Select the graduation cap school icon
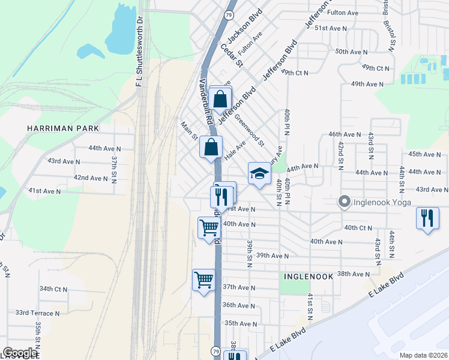tap(259, 174)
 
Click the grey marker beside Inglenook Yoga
tap(344, 202)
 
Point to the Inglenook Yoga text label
tap(381, 202)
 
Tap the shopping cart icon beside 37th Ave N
tap(203, 280)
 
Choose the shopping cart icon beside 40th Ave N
tap(209, 227)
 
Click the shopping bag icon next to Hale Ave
tap(211, 147)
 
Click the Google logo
tap(20, 353)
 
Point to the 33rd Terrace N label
tap(37, 313)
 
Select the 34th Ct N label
tap(53, 289)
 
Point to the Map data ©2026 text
tap(423, 355)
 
